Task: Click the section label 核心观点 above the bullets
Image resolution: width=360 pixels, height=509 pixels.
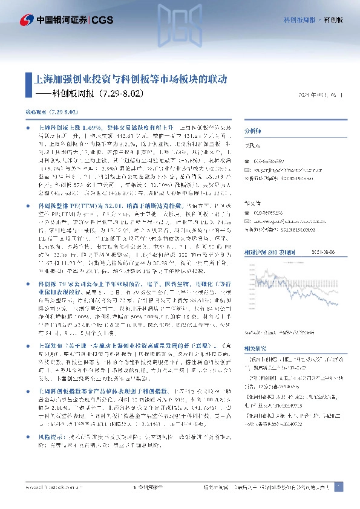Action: [33, 113]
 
